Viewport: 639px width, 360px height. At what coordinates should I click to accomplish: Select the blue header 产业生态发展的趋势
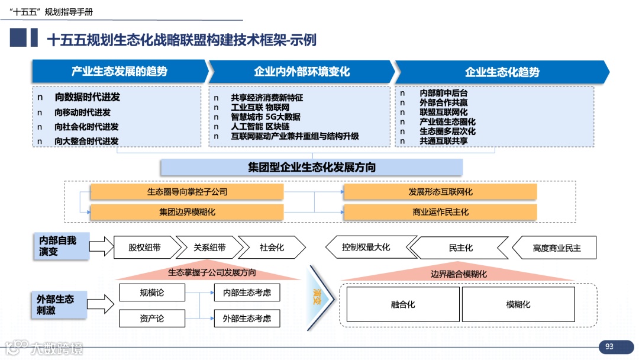coord(120,72)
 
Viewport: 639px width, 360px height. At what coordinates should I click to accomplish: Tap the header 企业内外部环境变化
coord(302,72)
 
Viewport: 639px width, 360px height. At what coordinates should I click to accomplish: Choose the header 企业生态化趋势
coord(502,72)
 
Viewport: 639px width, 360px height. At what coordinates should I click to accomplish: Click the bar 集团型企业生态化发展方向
coord(311,167)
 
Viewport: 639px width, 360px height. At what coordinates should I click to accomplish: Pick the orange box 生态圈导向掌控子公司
coord(187,192)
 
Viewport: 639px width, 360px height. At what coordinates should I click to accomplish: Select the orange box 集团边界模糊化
coord(187,212)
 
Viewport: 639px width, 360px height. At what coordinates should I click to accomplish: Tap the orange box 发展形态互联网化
coord(440,192)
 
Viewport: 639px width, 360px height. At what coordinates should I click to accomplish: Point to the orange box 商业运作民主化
coord(440,212)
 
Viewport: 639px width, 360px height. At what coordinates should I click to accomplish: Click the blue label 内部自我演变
coord(61,246)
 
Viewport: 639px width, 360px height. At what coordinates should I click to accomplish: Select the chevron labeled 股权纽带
coord(144,247)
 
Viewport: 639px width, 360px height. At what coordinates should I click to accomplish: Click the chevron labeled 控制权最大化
coord(366,247)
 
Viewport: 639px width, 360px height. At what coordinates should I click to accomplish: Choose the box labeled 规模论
coord(152,292)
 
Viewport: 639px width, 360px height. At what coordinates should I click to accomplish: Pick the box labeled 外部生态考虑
coord(247,319)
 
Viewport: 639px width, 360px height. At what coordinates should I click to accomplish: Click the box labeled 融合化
coord(403,304)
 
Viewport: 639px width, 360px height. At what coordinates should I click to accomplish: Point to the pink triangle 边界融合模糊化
coord(459,274)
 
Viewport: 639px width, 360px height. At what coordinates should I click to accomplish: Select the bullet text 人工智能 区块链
coord(260,127)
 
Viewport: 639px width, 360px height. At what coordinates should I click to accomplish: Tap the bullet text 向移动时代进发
coord(83,112)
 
